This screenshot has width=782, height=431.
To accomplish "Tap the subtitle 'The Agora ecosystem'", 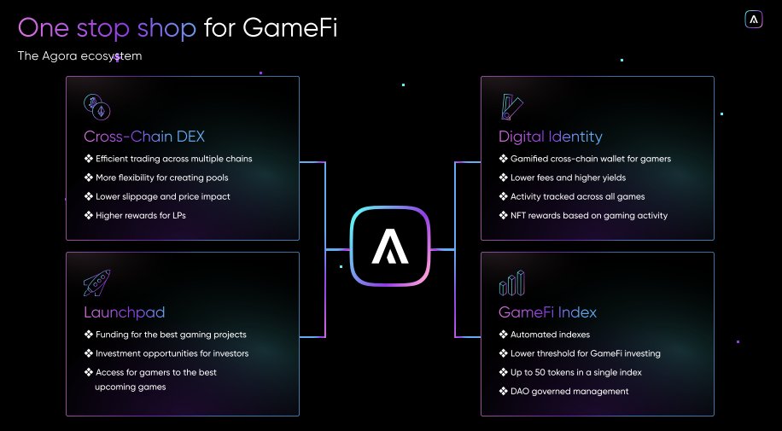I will pyautogui.click(x=79, y=56).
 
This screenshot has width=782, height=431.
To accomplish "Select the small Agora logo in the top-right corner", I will pyautogui.click(x=754, y=20).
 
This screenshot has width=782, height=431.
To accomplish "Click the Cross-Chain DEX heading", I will pyautogui.click(x=144, y=137).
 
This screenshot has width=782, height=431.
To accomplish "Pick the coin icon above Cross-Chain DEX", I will pyautogui.click(x=96, y=107).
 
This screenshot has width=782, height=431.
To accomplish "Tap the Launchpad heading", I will pyautogui.click(x=125, y=312).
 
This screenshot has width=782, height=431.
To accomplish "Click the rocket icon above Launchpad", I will pyautogui.click(x=96, y=282).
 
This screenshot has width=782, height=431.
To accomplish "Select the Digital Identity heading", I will pyautogui.click(x=551, y=137).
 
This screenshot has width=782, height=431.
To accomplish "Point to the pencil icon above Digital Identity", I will pyautogui.click(x=512, y=107).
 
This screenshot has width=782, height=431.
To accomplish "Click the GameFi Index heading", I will pyautogui.click(x=547, y=312).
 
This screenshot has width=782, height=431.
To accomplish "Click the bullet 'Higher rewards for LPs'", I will pyautogui.click(x=141, y=215).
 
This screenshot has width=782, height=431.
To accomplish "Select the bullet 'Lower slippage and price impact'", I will pyautogui.click(x=163, y=196).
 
